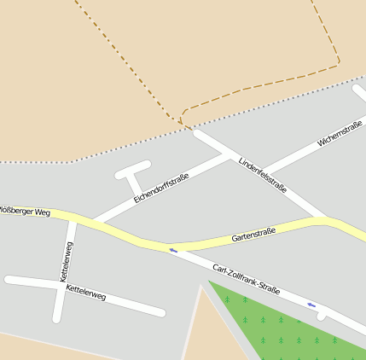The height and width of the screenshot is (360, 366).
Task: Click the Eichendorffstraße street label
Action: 160,188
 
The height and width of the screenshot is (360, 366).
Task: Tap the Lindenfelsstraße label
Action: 263,175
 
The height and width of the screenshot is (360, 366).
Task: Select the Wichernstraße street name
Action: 340,134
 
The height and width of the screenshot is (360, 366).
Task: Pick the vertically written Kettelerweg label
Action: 66,262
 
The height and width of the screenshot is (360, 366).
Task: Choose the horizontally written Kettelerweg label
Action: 85,292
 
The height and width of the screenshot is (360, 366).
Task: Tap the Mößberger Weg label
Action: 26,211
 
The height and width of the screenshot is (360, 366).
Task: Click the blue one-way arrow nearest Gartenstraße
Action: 173,251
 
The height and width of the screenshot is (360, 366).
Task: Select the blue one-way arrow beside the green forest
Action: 311,305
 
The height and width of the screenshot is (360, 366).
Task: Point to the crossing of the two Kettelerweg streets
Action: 60,285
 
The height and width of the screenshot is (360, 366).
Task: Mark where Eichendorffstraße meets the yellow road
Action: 96,224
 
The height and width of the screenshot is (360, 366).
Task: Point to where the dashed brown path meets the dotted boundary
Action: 185,125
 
